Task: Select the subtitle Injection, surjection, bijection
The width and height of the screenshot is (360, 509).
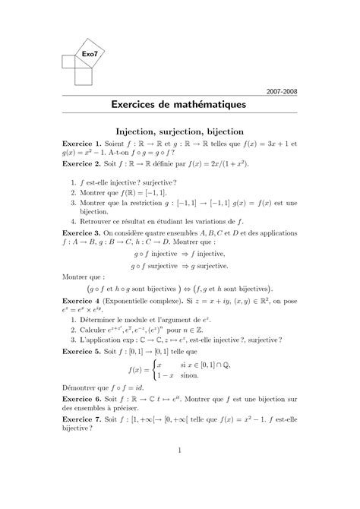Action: tap(179, 131)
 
